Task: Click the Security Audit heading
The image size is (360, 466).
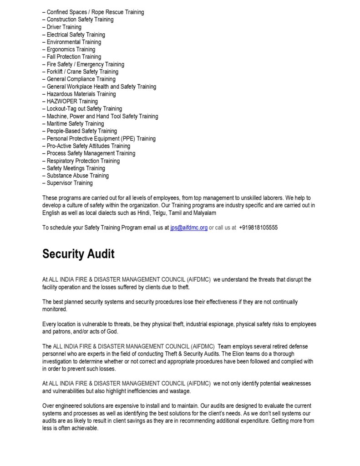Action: point(78,254)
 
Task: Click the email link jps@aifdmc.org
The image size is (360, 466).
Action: point(189,228)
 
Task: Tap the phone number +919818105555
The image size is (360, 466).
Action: point(258,228)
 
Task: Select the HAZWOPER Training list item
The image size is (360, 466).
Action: point(72,101)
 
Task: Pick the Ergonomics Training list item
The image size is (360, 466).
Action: point(71,49)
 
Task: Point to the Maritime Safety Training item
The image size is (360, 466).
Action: point(75,123)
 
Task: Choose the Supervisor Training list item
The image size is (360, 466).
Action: point(70,183)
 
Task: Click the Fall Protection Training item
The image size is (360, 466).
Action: point(74,57)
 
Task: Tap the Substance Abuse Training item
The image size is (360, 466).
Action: point(78,176)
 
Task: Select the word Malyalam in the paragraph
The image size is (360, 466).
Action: point(204,213)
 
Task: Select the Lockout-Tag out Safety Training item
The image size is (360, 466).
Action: point(84,109)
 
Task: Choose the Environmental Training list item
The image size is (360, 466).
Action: point(74,42)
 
